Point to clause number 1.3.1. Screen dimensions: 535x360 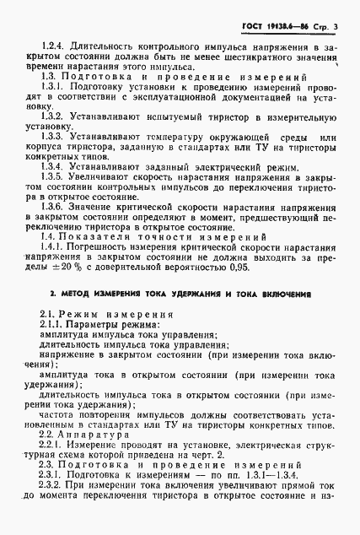point(56,89)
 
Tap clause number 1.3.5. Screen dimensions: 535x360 point(56,203)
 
